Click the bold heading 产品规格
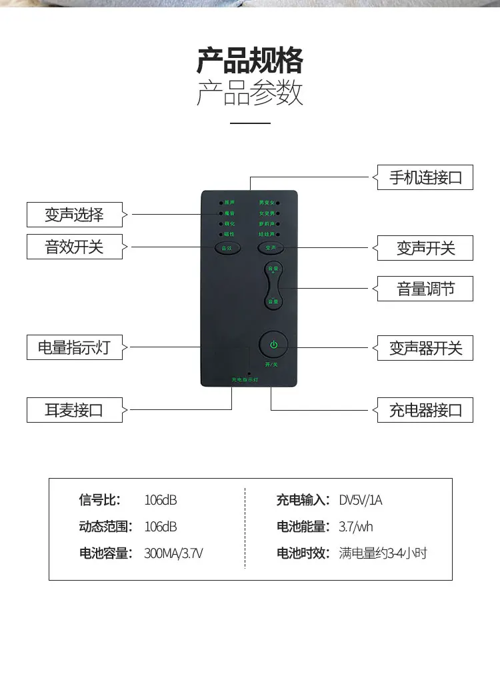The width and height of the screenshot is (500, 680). tap(250, 61)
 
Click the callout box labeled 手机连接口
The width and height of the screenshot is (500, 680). tap(425, 177)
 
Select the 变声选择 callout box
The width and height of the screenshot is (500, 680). tap(75, 215)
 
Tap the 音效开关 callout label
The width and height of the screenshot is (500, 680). tap(75, 247)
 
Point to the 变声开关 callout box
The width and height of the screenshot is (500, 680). tap(425, 248)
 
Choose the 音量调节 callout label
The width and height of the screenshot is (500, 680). tap(425, 289)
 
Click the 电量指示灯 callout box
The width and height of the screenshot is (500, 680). tap(75, 347)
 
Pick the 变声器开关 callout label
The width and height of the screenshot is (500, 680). tap(425, 348)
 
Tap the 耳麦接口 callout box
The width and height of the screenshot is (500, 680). tap(75, 409)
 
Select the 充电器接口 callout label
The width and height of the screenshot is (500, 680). tap(425, 409)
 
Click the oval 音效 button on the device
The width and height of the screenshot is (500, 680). tap(225, 247)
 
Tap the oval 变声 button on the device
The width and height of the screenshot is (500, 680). tap(271, 247)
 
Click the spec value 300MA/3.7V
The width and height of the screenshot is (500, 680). tap(173, 553)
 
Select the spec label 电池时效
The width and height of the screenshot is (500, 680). tap(303, 553)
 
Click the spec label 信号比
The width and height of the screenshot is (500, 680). tap(98, 500)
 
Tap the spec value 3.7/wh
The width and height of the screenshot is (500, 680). tap(356, 527)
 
